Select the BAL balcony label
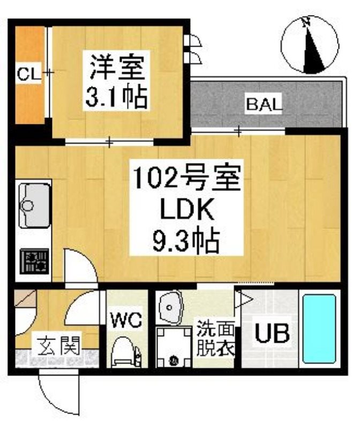pos(264,104)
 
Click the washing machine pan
pos(174,347)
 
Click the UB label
pos(272,334)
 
